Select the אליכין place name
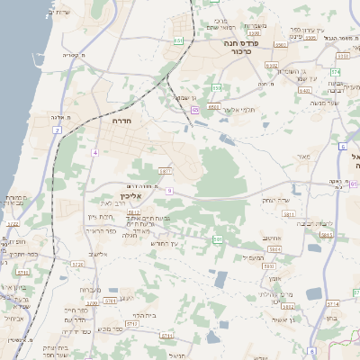[x=131, y=196]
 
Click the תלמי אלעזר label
[x=240, y=110]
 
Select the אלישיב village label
[x=98, y=254]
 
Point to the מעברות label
[x=90, y=290]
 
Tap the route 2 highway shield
[x=57, y=130]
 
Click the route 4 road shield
[x=94, y=152]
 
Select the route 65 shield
[x=194, y=110]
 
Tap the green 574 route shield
[x=335, y=71]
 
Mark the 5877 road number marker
[x=164, y=169]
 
